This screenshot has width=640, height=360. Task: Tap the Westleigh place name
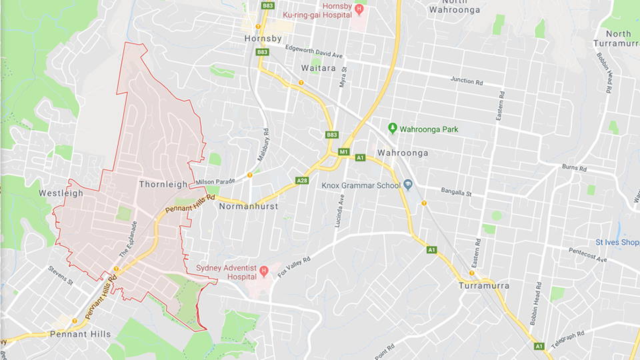(x=61, y=193)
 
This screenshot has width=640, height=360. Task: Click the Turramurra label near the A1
(x=484, y=285)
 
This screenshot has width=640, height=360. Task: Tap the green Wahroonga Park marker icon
(x=393, y=128)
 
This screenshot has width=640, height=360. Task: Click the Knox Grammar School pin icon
(x=407, y=185)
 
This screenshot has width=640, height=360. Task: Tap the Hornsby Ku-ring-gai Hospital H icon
(x=359, y=9)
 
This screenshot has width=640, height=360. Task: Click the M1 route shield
(x=344, y=152)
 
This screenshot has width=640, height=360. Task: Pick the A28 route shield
(x=302, y=180)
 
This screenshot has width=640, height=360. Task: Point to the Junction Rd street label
(x=466, y=80)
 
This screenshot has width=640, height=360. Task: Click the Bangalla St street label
(x=456, y=193)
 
